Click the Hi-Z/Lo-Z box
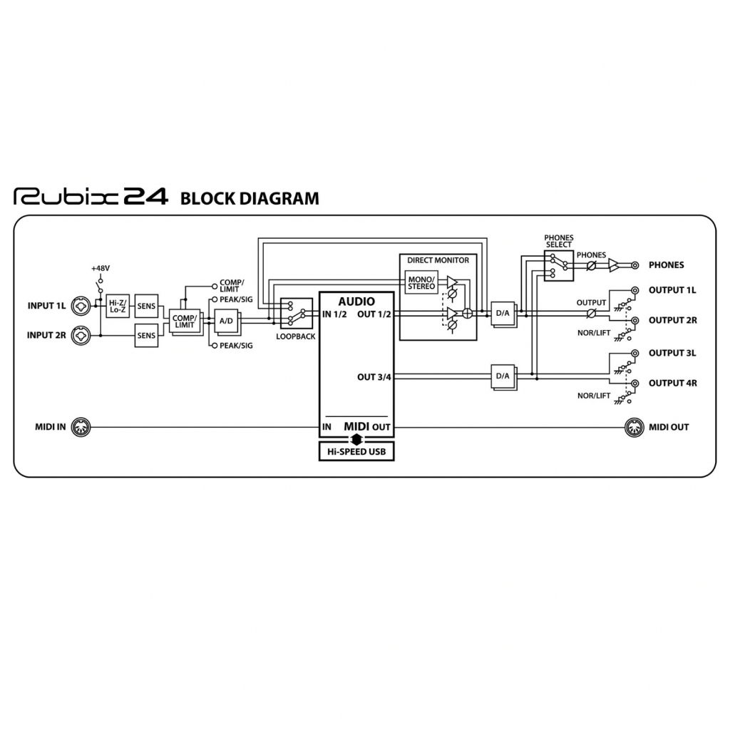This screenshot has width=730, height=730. pyautogui.click(x=116, y=307)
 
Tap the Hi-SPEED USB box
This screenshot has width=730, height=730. pyautogui.click(x=356, y=451)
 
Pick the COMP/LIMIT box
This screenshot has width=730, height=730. pyautogui.click(x=184, y=321)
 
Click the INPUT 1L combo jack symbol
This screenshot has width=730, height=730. pyautogui.click(x=81, y=306)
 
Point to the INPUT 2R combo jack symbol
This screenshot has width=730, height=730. pyautogui.click(x=81, y=335)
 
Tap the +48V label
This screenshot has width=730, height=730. pyautogui.click(x=100, y=268)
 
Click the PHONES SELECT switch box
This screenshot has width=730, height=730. pyautogui.click(x=559, y=265)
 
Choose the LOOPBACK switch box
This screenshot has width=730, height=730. pyautogui.click(x=296, y=312)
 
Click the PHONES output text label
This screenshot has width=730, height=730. pyautogui.click(x=666, y=265)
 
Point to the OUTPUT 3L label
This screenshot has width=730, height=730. pyautogui.click(x=672, y=353)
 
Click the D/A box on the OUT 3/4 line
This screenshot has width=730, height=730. pyautogui.click(x=503, y=376)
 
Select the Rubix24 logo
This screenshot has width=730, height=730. pyautogui.click(x=91, y=197)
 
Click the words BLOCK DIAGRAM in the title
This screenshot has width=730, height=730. pyautogui.click(x=250, y=199)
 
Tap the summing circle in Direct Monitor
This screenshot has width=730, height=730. pyautogui.click(x=468, y=313)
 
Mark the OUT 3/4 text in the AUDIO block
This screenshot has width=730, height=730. pyautogui.click(x=374, y=377)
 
